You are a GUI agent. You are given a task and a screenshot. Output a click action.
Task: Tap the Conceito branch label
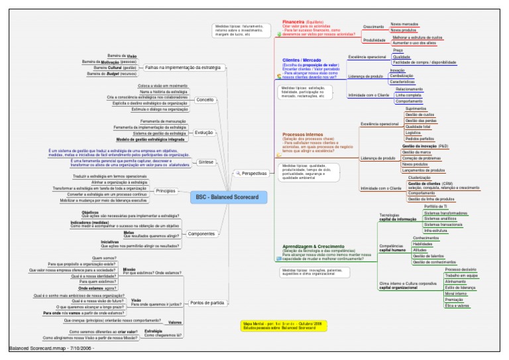[205, 100]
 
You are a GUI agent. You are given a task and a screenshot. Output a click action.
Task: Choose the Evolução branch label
[203, 133]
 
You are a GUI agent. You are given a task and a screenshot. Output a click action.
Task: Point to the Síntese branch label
[205, 162]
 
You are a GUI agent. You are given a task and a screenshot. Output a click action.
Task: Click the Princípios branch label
[164, 191]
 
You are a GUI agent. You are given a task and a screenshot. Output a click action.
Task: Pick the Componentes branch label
[201, 234]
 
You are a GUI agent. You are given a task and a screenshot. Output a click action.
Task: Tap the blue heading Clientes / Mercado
[302, 60]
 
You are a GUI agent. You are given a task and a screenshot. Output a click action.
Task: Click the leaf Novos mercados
[404, 23]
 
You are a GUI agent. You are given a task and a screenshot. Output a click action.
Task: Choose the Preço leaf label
[398, 50]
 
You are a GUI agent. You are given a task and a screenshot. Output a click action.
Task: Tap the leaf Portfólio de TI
[435, 206]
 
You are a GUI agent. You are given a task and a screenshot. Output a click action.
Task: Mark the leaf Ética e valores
[457, 306]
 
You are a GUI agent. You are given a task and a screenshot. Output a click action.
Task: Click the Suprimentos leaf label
[416, 108]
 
